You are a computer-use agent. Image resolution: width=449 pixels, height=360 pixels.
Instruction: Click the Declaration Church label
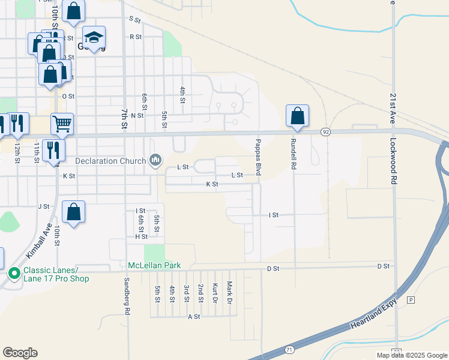[x=110, y=161]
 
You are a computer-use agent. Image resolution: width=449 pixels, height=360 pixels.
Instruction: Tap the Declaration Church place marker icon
[x=156, y=160]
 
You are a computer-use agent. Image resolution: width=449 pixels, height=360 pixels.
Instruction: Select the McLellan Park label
[x=154, y=265]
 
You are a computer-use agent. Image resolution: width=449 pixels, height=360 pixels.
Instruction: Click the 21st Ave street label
[x=393, y=107]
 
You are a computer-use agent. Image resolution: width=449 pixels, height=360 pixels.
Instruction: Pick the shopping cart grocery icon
[x=62, y=124]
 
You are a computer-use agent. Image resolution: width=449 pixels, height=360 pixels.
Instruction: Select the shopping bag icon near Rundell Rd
[x=298, y=115]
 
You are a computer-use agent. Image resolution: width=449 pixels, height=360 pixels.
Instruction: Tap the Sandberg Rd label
[x=127, y=296]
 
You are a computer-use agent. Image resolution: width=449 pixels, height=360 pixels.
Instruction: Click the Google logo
[x=20, y=353]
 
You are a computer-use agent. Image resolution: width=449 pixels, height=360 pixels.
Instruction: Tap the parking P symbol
[x=411, y=299]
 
